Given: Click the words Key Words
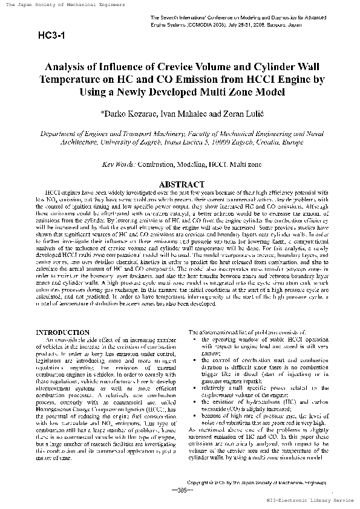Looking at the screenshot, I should (x=119, y=164).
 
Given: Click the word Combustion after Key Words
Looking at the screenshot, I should (x=160, y=164).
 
